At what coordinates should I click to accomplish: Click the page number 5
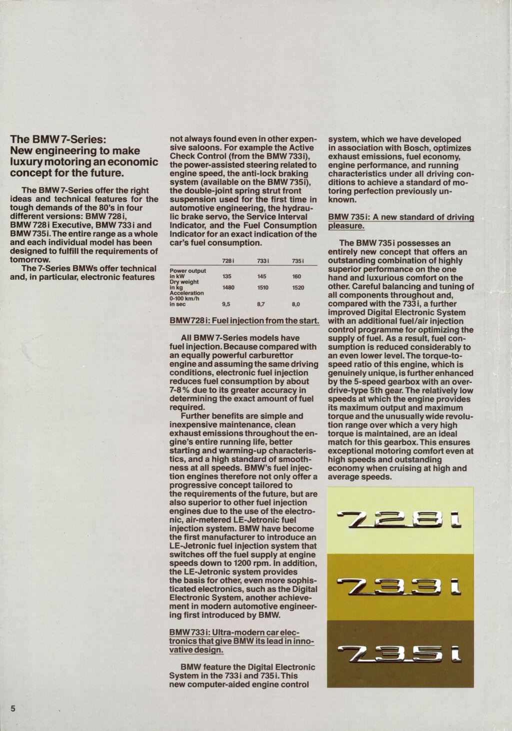pos(13,708)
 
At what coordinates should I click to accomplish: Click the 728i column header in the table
pos(228,261)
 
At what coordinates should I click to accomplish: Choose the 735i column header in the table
pos(298,261)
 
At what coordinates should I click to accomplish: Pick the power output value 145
pos(262,277)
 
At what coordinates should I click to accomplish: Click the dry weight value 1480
pos(228,288)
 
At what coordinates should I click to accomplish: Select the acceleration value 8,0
pos(296,304)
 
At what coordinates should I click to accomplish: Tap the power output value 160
pos(297,277)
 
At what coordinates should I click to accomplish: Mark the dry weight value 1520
pos(298,288)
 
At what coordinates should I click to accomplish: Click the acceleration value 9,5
pos(226,304)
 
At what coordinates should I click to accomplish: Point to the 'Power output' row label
pos(188,271)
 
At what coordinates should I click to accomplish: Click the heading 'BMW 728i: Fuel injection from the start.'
pos(244,320)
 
